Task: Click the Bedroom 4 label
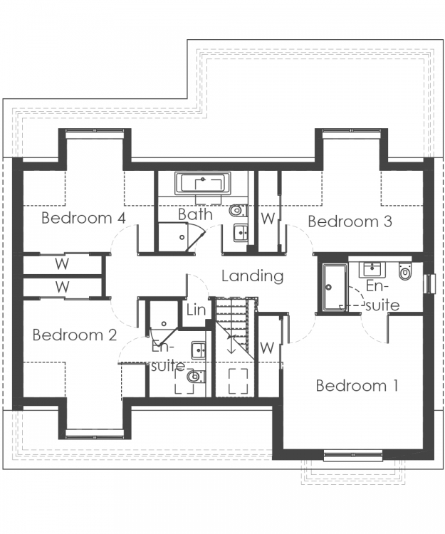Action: coord(84,218)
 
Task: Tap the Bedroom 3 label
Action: coord(350,221)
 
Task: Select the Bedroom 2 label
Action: coord(75,335)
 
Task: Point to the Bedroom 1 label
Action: coord(357,386)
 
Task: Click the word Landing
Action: coord(252,276)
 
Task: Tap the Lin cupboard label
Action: coord(196,310)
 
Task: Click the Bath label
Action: coord(195,214)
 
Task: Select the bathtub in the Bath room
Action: coord(203,183)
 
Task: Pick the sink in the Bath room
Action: coord(241,233)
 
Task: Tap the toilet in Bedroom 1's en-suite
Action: coord(405,271)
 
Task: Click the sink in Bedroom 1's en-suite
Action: coord(373,269)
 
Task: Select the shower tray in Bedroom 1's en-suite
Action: coord(335,287)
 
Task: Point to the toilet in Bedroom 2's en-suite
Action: coord(196,377)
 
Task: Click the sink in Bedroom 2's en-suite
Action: coord(199,350)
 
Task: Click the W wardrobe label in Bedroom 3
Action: coord(268,219)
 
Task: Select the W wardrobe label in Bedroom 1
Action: coord(267,348)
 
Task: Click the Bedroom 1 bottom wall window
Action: coord(352,456)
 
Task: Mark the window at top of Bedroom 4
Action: coord(94,134)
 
